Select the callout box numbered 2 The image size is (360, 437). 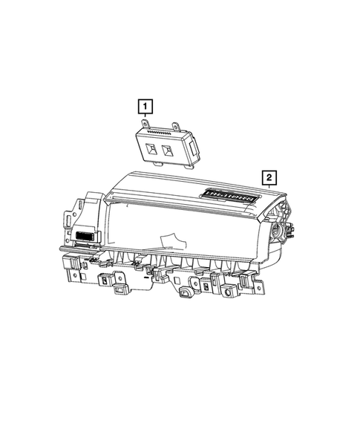tap(268, 177)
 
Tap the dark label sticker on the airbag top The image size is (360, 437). tap(229, 197)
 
